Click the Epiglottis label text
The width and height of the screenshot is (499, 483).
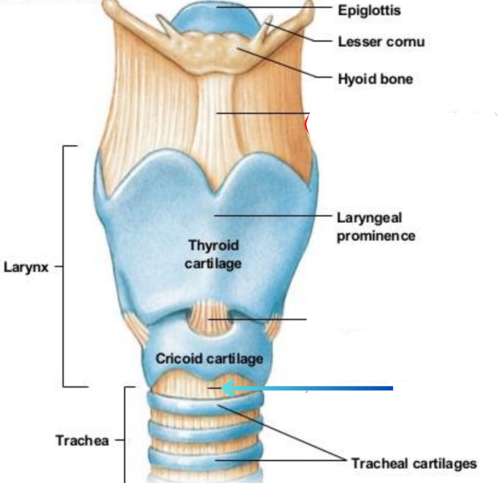[x=369, y=10]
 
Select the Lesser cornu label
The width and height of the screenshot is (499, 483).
[x=381, y=42]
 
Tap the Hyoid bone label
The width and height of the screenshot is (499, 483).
[x=375, y=79]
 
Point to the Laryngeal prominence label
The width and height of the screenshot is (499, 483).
[x=375, y=226]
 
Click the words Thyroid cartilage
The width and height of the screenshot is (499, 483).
[x=213, y=254]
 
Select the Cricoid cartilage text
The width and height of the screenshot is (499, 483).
[x=209, y=359]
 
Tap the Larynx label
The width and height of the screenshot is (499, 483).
[x=26, y=267]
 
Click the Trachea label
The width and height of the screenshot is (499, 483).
[x=82, y=440]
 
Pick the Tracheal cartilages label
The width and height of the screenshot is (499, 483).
[x=414, y=463]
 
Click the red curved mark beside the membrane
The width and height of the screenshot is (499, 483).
[x=307, y=124]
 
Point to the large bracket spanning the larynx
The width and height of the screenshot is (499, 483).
[x=64, y=266]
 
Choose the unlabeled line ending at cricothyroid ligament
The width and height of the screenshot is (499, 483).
[x=261, y=319]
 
